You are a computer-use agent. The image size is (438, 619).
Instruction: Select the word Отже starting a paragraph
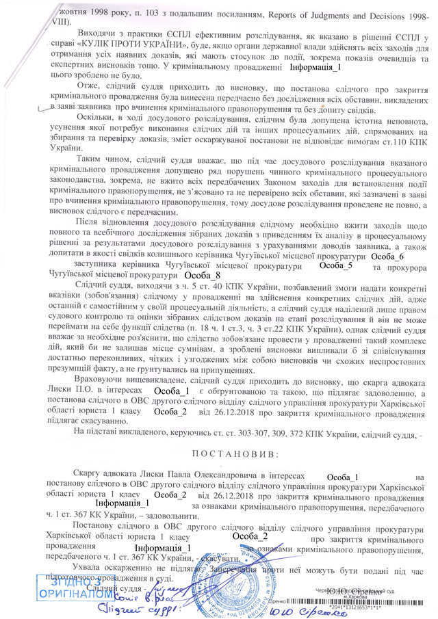pos(87,89)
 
